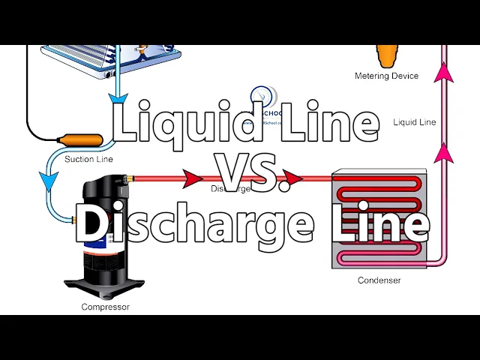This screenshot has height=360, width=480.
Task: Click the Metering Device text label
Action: [386, 76]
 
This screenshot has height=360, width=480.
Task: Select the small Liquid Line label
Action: [414, 121]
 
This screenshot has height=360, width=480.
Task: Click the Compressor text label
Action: [105, 307]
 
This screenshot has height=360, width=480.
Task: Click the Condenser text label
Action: [379, 280]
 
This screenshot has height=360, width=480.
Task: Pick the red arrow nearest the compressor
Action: [193, 179]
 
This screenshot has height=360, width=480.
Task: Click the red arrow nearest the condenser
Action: [292, 179]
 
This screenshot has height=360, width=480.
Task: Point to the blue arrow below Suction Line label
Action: [50, 181]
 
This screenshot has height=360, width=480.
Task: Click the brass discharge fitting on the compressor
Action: [130, 178]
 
